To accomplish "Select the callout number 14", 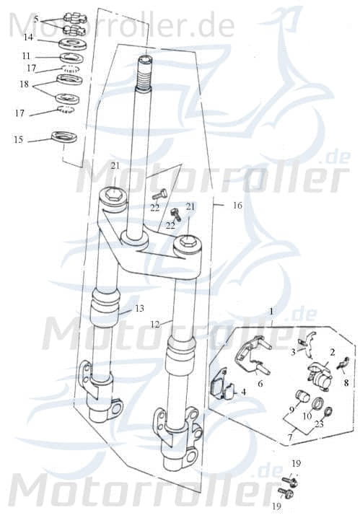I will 27,36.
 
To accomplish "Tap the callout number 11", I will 27,55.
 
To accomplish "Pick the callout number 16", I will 237,206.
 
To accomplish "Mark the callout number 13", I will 139,310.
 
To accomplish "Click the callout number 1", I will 272,310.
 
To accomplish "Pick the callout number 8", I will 346,383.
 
